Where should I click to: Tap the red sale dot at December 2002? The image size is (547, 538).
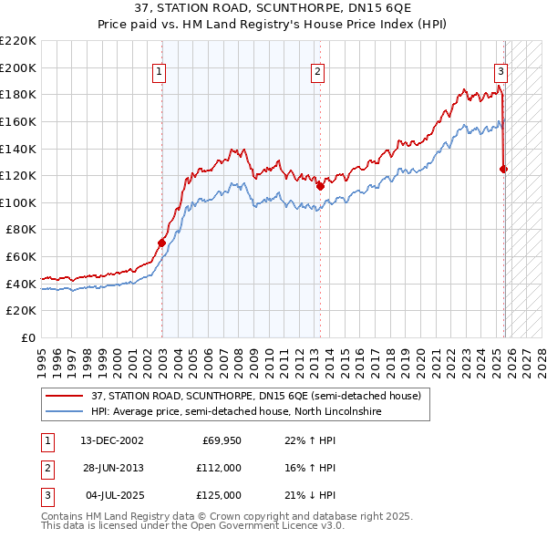coord(161,243)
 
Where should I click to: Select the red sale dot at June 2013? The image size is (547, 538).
coord(320,186)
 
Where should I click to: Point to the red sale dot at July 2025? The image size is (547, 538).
coord(503,169)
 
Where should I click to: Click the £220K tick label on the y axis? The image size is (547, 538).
coord(18,41)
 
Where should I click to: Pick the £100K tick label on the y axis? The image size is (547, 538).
coord(18,202)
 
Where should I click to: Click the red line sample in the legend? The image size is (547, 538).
coord(65,397)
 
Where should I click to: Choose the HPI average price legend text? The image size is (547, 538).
coord(235,412)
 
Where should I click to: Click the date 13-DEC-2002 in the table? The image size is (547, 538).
coord(111,440)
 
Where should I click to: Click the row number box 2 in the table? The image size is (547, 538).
coord(46,468)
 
